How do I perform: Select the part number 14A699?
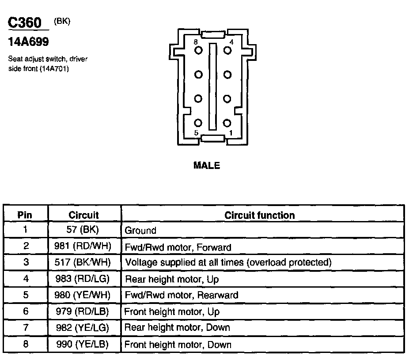click(28, 42)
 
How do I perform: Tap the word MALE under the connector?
click(207, 166)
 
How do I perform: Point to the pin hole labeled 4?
click(227, 50)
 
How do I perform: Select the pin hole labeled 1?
click(227, 123)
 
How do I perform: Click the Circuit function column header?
click(260, 215)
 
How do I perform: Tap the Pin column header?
click(25, 215)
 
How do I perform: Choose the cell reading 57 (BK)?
click(84, 230)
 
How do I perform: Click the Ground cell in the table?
click(140, 230)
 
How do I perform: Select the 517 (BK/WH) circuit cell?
click(84, 262)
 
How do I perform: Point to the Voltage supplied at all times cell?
click(228, 262)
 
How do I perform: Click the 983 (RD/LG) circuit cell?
click(84, 279)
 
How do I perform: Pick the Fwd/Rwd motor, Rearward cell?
click(181, 295)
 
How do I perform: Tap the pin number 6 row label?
click(25, 311)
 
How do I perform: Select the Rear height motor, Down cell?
click(177, 327)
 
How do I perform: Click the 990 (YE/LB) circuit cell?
click(84, 344)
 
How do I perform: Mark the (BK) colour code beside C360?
click(62, 21)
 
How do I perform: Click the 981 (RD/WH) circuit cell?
click(84, 247)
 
